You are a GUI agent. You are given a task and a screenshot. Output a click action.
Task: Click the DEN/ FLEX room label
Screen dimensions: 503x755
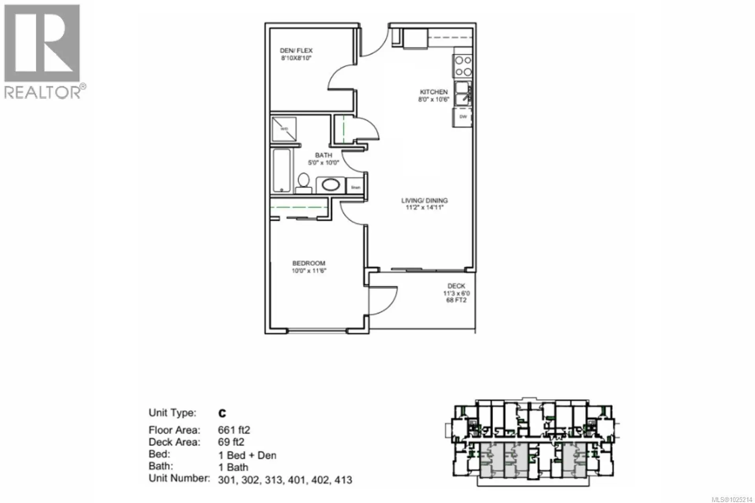[x=296, y=51]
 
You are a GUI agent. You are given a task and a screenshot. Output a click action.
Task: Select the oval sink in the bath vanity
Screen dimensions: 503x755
[x=331, y=185]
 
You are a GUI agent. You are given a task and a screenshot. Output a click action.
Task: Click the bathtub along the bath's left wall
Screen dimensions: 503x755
[x=282, y=171]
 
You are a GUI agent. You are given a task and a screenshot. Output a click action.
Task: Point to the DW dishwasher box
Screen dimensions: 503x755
[x=463, y=117]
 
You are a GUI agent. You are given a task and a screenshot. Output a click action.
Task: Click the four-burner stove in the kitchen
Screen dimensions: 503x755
[x=463, y=66]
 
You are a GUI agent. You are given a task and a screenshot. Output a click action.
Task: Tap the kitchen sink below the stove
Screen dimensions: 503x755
[x=462, y=94]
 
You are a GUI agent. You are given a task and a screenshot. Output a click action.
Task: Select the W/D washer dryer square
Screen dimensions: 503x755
[x=284, y=129]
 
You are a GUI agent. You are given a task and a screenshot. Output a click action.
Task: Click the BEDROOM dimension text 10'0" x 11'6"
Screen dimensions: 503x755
[x=309, y=271]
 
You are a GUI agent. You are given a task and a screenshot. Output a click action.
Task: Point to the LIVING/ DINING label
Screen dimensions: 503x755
[x=424, y=200]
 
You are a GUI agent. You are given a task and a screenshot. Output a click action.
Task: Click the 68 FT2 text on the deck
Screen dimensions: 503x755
[x=456, y=300]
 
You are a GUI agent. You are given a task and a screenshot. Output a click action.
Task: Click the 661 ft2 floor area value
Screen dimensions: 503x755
[x=234, y=430]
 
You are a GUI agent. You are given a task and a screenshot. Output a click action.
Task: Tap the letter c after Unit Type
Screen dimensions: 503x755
[x=222, y=413]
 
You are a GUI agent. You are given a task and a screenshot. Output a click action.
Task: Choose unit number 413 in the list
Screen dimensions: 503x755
[x=343, y=480]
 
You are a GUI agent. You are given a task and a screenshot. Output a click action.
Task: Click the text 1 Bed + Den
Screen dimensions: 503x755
[x=247, y=455]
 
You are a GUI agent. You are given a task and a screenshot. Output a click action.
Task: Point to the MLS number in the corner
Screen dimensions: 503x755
[x=732, y=499]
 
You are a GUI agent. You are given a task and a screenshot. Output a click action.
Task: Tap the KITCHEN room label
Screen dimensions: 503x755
[x=433, y=92]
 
